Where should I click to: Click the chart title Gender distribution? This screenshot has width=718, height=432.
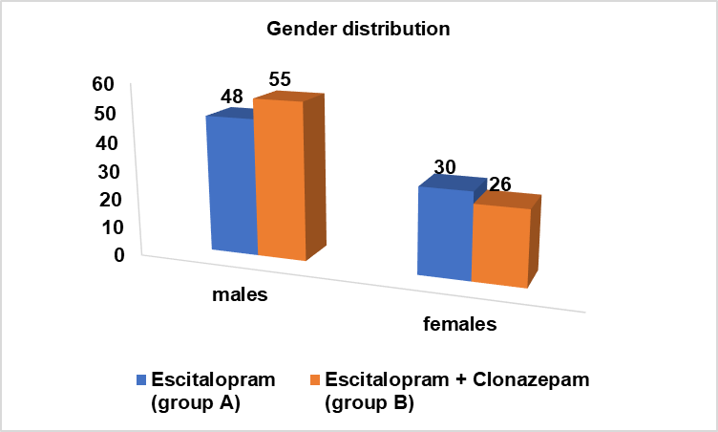tap(357, 30)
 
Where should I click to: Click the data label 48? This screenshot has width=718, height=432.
tap(232, 97)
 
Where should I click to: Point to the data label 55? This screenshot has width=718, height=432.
tap(280, 79)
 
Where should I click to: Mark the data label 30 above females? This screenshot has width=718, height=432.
tap(444, 166)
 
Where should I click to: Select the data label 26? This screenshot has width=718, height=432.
tap(500, 184)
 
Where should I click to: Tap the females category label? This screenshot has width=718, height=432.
tap(460, 324)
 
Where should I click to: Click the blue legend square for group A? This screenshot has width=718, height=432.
tap(142, 379)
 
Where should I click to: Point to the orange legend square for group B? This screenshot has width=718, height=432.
tap(316, 379)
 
